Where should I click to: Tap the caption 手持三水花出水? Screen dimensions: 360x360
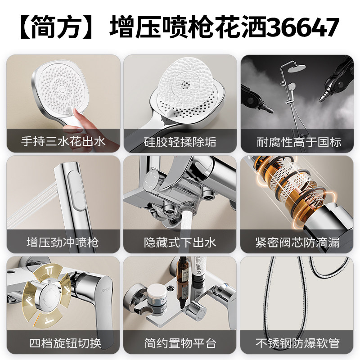click(x=63, y=142)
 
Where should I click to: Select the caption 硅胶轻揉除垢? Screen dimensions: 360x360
click(x=180, y=142)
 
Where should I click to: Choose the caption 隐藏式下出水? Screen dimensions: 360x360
click(x=180, y=243)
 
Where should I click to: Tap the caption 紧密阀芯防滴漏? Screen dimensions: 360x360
click(x=297, y=243)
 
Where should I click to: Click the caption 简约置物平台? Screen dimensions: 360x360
click(x=180, y=343)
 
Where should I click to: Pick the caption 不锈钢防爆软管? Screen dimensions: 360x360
click(x=297, y=343)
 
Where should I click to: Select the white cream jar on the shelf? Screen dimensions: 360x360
click(x=155, y=293)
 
